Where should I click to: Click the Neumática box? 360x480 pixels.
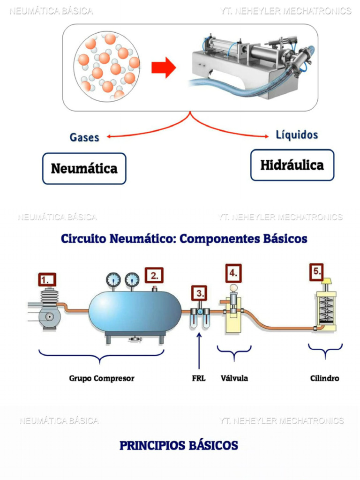pyautogui.click(x=84, y=168)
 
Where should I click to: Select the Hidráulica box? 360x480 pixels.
pyautogui.click(x=292, y=165)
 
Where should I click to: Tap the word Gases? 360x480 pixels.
pyautogui.click(x=84, y=137)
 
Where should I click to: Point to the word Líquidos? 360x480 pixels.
pyautogui.click(x=297, y=135)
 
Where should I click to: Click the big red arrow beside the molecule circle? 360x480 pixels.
pyautogui.click(x=163, y=68)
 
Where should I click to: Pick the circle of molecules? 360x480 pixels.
pyautogui.click(x=107, y=66)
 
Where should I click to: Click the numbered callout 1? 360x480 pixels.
pyautogui.click(x=47, y=280)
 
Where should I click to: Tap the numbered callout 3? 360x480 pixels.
pyautogui.click(x=200, y=294)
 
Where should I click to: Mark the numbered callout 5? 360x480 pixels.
pyautogui.click(x=317, y=271)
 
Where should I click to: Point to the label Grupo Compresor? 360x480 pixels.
pyautogui.click(x=102, y=378)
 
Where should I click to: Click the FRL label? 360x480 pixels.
pyautogui.click(x=199, y=378)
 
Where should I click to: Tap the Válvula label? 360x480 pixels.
pyautogui.click(x=234, y=378)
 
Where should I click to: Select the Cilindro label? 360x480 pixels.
pyautogui.click(x=325, y=378)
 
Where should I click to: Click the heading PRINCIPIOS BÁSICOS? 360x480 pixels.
pyautogui.click(x=179, y=445)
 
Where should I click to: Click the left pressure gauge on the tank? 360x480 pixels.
pyautogui.click(x=113, y=280)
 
